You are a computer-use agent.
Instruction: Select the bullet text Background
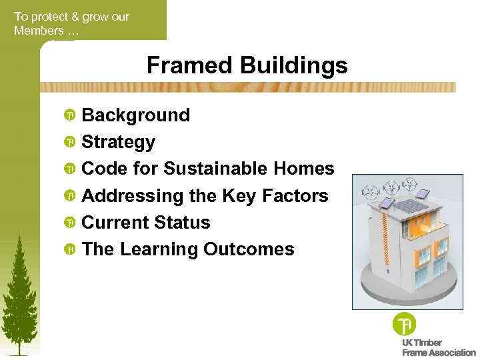[135, 115]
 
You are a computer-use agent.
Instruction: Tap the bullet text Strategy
[118, 142]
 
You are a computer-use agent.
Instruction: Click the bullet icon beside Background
[69, 116]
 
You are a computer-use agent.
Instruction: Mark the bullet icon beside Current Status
[69, 223]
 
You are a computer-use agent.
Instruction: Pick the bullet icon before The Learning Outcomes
[69, 250]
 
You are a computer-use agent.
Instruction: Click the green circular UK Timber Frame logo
[404, 325]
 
